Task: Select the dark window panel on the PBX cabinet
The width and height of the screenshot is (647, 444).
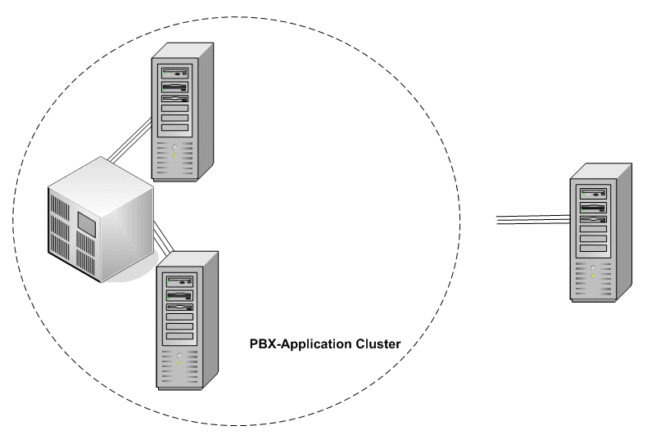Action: pos(88,222)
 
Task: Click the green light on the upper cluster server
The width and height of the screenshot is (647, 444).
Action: pos(174,155)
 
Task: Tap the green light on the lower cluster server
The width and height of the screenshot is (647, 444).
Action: pos(179,362)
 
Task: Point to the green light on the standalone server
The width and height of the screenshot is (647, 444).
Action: pos(593,276)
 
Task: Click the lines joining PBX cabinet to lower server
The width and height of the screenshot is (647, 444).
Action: pos(163,240)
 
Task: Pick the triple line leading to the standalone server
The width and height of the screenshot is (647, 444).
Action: pos(532,218)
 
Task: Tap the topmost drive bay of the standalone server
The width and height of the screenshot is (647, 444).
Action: pos(593,195)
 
